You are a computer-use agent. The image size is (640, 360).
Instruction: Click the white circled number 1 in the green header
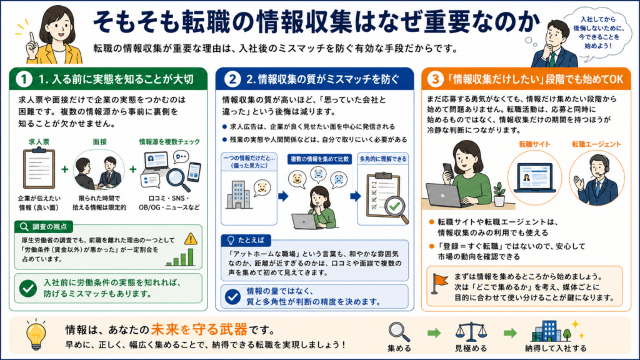[24, 79]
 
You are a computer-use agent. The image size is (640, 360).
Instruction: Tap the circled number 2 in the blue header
[232, 79]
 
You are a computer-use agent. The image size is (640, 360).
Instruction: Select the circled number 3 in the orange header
[436, 79]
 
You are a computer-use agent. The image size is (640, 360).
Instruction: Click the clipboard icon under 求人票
[39, 167]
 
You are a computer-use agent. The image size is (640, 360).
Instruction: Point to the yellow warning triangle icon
[191, 238]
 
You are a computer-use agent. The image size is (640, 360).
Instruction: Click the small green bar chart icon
[180, 257]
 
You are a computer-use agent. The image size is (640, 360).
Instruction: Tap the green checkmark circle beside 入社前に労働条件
[28, 288]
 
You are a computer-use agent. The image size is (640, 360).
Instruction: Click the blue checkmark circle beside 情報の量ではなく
[232, 296]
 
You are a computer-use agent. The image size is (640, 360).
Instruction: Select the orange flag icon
[439, 283]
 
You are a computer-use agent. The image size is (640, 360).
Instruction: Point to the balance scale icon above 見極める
[471, 332]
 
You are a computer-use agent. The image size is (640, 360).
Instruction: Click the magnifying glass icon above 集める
[399, 332]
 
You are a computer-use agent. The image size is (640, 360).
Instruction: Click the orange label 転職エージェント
[596, 144]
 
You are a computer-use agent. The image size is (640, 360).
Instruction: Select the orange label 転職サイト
[534, 144]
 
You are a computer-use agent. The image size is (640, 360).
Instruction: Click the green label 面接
[99, 142]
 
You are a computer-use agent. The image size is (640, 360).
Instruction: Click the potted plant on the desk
[499, 194]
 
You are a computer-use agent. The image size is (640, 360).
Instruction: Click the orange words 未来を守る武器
[199, 329]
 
